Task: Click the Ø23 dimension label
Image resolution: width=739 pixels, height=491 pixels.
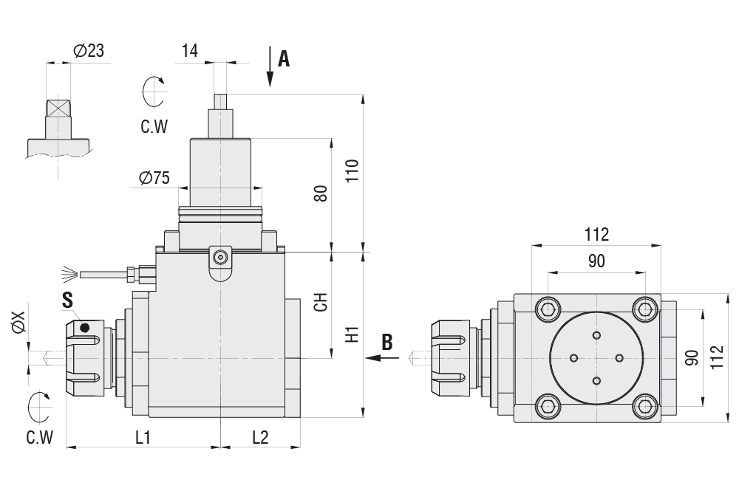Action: pos(89,51)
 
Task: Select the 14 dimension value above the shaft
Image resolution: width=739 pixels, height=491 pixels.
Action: pos(190,50)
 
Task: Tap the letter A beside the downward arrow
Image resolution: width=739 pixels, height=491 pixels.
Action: pos(283,60)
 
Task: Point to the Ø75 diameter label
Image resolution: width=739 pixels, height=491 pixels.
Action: pos(154,178)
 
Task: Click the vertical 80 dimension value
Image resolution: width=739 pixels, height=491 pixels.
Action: pos(321,194)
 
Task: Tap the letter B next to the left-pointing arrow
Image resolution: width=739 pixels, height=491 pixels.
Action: pos(387,342)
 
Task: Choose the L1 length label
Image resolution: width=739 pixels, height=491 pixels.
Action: pos(143,437)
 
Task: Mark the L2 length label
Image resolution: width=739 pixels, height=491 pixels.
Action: pos(260,437)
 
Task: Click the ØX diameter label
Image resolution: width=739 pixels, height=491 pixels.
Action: pos(18,323)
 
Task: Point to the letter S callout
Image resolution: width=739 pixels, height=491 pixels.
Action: pos(68,301)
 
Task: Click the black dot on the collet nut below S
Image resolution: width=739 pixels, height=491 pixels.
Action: pos(85,327)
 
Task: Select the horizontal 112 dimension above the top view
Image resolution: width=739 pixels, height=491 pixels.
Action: pos(596,235)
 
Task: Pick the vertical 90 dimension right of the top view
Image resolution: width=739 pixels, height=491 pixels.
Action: pos(692,357)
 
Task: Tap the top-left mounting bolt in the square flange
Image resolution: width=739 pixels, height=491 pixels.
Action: pos(548,307)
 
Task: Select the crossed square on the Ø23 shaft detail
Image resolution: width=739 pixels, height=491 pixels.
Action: pos(58,108)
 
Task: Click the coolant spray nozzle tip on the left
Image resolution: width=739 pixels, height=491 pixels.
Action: pos(69,275)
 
